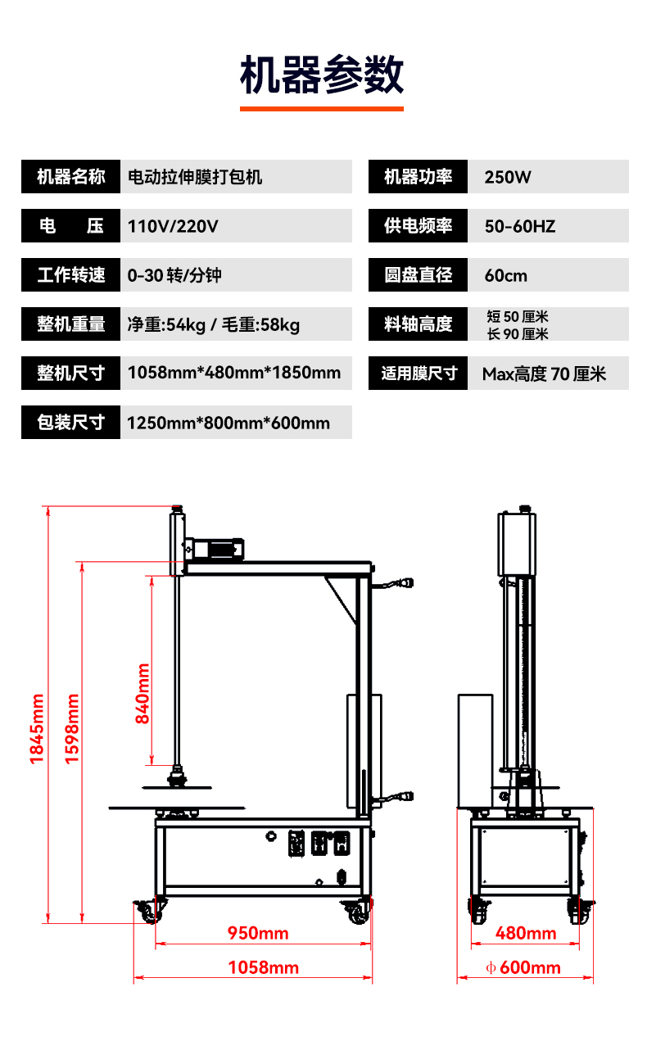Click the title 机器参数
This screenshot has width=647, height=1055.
(x=322, y=75)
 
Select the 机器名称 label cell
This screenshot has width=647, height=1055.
(x=71, y=177)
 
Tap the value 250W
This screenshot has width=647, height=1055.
(x=508, y=177)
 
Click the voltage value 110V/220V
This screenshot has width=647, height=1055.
(x=174, y=226)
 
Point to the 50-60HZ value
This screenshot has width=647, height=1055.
(x=520, y=226)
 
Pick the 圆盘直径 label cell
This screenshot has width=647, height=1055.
(x=419, y=275)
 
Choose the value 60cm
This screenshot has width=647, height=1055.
(x=506, y=275)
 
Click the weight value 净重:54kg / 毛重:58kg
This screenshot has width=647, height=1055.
(x=214, y=324)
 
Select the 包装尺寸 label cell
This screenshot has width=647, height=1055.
(x=71, y=423)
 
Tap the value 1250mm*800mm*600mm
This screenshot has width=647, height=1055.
(x=228, y=423)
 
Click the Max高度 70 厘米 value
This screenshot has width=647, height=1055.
(x=544, y=374)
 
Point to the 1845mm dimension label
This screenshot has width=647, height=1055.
(x=37, y=729)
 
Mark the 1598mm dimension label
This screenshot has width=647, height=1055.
(x=73, y=729)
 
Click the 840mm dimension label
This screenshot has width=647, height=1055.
(x=143, y=693)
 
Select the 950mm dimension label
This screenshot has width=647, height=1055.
(x=258, y=933)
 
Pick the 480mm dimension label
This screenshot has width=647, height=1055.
(x=526, y=933)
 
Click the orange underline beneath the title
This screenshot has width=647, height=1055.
(x=322, y=108)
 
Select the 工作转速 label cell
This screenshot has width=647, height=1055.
(x=71, y=275)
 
